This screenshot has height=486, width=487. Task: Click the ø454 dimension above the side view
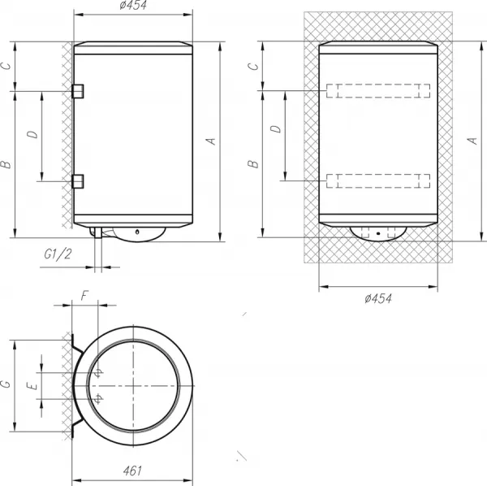tap(133, 6)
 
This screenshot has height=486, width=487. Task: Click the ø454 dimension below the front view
tap(378, 298)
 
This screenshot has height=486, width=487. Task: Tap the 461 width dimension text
tap(132, 471)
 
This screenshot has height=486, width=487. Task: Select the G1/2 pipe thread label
tap(58, 254)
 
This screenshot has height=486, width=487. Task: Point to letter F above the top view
tap(84, 295)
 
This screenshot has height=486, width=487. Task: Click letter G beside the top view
tap(6, 384)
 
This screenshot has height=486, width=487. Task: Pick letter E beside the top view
tap(32, 386)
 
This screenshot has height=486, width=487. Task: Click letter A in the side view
tap(211, 141)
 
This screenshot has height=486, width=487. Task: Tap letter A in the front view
tap(472, 141)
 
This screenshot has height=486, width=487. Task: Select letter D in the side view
tap(32, 134)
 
